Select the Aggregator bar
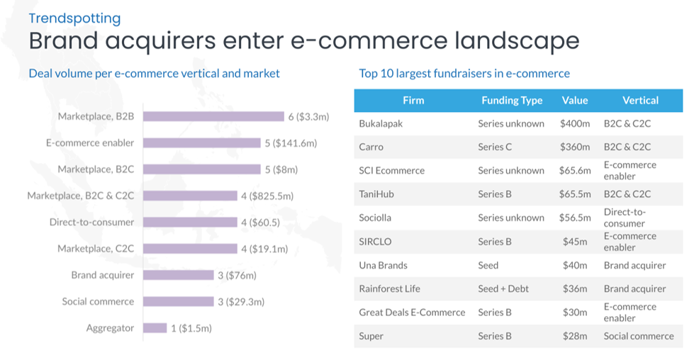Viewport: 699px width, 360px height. [154, 328]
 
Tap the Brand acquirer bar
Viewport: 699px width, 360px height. [177, 275]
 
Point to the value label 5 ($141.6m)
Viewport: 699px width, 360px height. [291, 143]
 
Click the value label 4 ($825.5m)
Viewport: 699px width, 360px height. [267, 196]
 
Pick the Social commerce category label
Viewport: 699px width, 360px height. [98, 302]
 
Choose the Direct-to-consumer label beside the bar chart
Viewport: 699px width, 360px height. [91, 223]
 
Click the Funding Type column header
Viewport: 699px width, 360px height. [511, 101]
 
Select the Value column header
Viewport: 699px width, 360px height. [574, 101]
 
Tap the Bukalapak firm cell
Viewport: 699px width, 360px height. [382, 124]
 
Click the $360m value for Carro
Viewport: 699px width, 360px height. [574, 147]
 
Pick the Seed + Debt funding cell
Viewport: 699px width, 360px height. [503, 289]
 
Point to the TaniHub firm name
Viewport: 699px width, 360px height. [376, 194]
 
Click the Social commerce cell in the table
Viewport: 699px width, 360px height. [638, 336]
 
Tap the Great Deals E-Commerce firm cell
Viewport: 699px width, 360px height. [412, 313]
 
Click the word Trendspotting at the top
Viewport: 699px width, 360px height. [74, 18]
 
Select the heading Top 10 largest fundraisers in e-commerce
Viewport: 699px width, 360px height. [464, 73]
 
